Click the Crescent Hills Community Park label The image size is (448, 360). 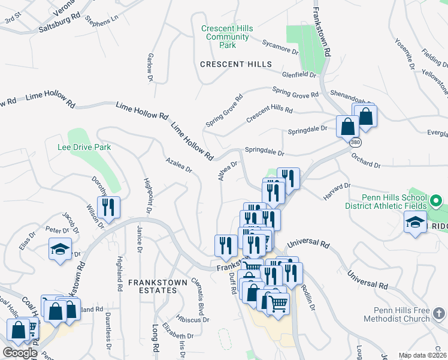pyautogui.click(x=227, y=37)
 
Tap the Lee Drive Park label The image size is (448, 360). pyautogui.click(x=84, y=147)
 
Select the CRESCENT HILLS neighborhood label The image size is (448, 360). pyautogui.click(x=236, y=64)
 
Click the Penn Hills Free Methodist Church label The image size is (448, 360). pyautogui.click(x=393, y=314)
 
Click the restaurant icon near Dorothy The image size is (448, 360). pyautogui.click(x=108, y=208)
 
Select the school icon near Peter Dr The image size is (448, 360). pyautogui.click(x=60, y=250)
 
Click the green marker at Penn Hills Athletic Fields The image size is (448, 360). pyautogui.click(x=437, y=200)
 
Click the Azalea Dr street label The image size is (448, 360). pyautogui.click(x=179, y=166)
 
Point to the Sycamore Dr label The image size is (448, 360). pyautogui.click(x=280, y=47)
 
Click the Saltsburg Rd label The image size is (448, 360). pyautogui.click(x=58, y=25)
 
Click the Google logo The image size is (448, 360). pyautogui.click(x=19, y=353)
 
